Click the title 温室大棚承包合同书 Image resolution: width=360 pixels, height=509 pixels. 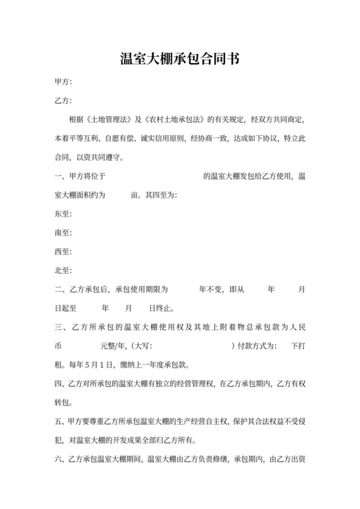180,60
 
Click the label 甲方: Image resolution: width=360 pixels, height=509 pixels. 64,83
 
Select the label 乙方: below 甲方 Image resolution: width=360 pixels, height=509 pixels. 64,101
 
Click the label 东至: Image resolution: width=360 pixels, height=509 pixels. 64,214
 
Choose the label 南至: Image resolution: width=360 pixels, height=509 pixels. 64,233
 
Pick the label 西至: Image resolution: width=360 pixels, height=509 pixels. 64,251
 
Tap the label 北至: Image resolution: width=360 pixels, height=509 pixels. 64,271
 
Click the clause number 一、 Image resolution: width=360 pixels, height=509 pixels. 60,176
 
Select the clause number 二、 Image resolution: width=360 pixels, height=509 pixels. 60,289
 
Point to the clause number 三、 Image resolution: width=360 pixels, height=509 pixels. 60,328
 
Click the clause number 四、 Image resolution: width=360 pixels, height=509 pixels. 60,384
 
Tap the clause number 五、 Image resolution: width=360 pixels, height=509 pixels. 60,422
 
